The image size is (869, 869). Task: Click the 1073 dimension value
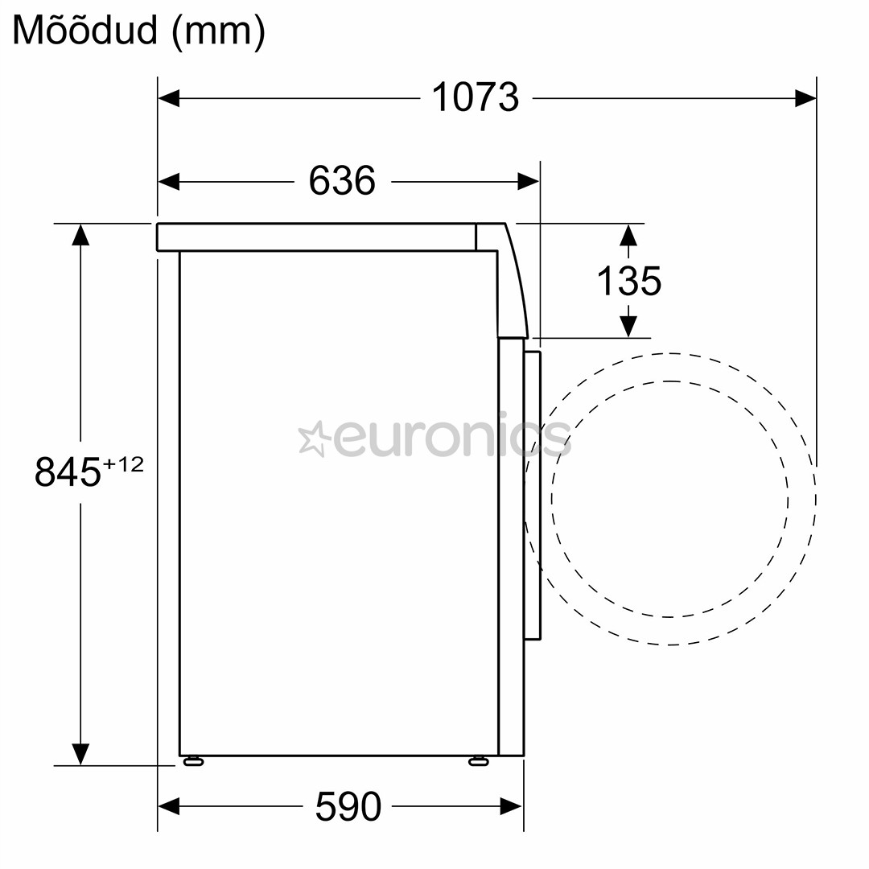click(x=475, y=98)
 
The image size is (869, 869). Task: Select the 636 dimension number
click(x=342, y=181)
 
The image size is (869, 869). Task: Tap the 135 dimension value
click(x=628, y=281)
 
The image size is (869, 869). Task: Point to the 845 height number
click(x=68, y=472)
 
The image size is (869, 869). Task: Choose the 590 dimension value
click(x=348, y=806)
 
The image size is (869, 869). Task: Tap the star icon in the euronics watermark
click(x=314, y=439)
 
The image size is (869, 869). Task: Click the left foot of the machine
click(x=193, y=760)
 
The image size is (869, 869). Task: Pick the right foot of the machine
click(x=478, y=760)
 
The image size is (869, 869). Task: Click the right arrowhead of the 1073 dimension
click(x=805, y=99)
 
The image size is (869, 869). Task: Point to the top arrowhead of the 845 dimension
click(x=80, y=234)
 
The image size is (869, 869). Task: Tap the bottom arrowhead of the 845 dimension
click(x=80, y=754)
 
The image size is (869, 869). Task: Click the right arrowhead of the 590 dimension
click(x=511, y=805)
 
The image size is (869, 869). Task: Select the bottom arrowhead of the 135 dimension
click(x=628, y=326)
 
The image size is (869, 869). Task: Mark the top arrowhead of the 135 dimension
click(x=628, y=235)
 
